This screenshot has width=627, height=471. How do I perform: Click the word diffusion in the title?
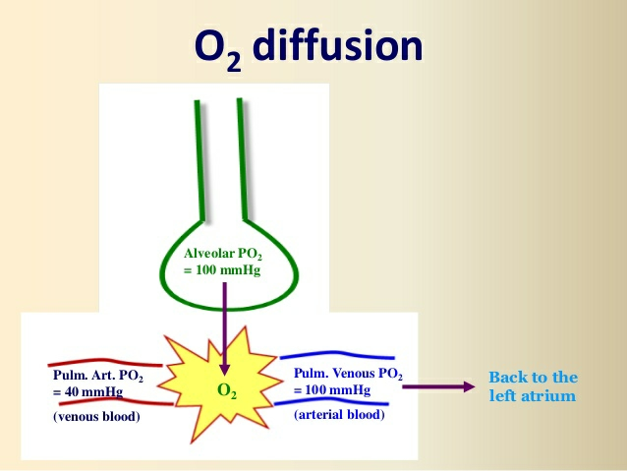coord(339,45)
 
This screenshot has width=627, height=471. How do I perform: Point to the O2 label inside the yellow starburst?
coord(226,390)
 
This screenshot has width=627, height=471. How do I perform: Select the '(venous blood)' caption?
coord(96,418)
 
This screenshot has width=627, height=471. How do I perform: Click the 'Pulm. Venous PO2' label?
coord(349,373)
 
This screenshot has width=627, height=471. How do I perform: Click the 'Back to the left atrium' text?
coord(533,386)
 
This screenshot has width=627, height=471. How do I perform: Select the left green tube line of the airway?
coord(199,157)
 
